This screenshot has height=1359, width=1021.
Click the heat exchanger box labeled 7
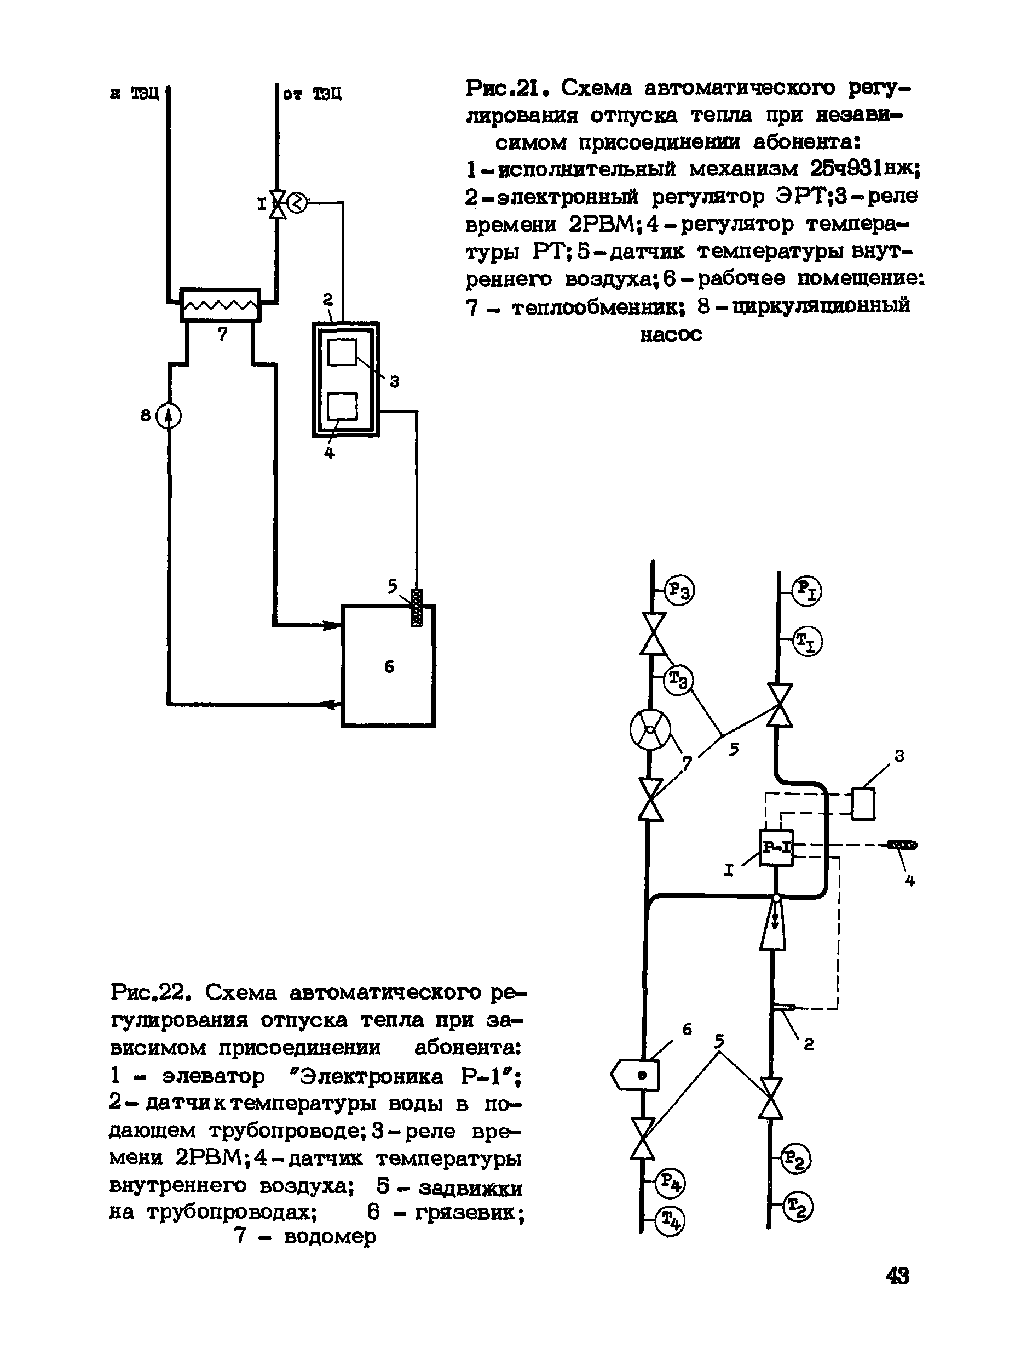(220, 305)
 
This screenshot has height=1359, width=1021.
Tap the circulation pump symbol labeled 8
(169, 416)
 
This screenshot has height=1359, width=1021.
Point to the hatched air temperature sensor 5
(417, 608)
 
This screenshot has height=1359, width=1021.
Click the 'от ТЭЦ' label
(312, 94)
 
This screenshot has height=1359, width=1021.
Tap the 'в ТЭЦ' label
(135, 93)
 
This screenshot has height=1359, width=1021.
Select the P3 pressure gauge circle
(679, 590)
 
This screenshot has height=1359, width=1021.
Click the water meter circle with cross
(650, 730)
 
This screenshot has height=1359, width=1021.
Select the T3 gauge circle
(678, 680)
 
